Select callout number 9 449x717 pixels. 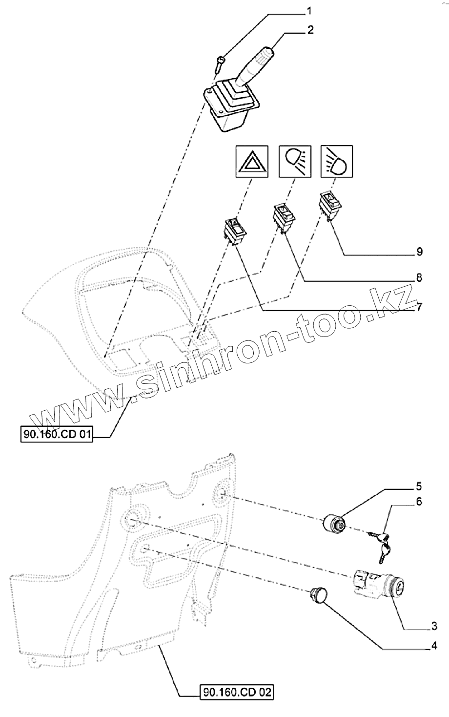419,253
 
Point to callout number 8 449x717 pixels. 419,278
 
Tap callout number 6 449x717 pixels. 419,502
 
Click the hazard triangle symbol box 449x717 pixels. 251,161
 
